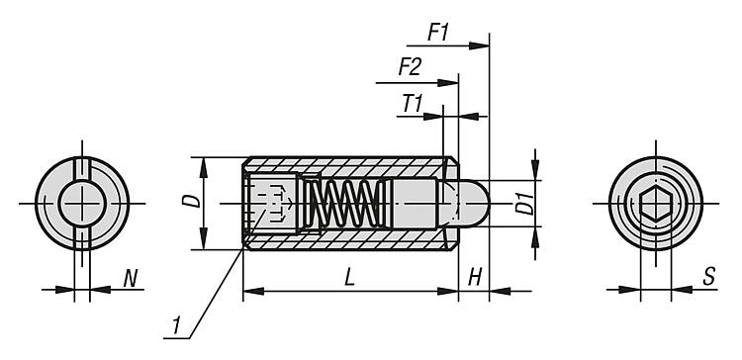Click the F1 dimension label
point(437,33)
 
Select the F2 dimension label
point(410,67)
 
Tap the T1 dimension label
point(413,104)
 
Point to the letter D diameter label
point(191,201)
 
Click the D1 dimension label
point(524,204)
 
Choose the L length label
point(349,278)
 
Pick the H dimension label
point(475,278)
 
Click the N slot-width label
point(131,279)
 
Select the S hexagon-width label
point(708,277)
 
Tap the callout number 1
point(176,326)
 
